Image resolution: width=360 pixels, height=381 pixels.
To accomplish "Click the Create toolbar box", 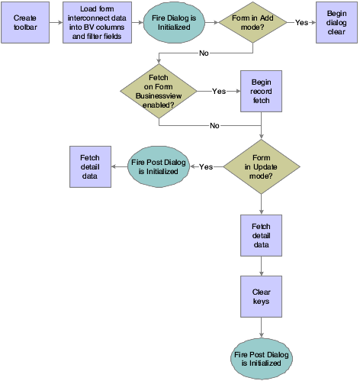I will [25, 23].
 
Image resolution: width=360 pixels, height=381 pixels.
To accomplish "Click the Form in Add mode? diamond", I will [253, 23].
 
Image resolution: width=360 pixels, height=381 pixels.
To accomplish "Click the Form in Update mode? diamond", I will [262, 166].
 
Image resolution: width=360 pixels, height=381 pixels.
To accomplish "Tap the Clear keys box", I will [262, 296].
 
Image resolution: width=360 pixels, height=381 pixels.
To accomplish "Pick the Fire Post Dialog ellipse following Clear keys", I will [262, 357].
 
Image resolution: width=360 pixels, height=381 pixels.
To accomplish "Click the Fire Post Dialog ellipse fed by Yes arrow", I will [158, 166].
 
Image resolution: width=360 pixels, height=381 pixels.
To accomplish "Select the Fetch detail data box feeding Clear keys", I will [262, 235].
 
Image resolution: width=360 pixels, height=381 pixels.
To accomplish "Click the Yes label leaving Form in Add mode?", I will [301, 23].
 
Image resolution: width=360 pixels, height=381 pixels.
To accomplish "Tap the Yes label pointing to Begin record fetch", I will [219, 90].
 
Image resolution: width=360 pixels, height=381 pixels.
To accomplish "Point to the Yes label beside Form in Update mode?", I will [206, 166].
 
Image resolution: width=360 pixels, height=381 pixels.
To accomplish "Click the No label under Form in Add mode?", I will [204, 53].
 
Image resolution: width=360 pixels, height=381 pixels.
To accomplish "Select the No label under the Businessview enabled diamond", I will [214, 125].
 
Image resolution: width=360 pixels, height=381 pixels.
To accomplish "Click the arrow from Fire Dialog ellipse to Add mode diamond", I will [211, 23].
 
